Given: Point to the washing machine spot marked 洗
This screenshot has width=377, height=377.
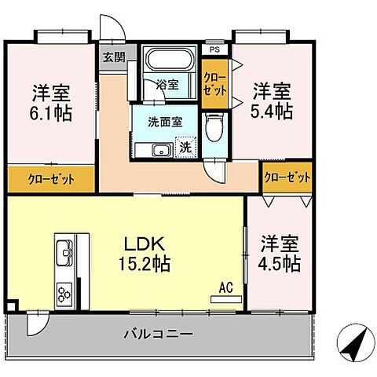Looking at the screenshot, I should [185, 147].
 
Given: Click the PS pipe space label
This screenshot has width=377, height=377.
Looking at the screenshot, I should [213, 49].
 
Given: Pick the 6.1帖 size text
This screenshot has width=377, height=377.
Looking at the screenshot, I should [53, 113].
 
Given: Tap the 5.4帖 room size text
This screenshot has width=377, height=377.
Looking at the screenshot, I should [273, 111].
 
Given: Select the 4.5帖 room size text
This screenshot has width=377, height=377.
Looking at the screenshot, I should [280, 263].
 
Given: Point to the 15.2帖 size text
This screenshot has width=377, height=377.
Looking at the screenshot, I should [146, 263].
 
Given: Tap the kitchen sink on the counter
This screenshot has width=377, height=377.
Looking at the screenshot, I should [64, 253].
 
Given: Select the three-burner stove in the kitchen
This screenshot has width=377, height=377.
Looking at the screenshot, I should [64, 295].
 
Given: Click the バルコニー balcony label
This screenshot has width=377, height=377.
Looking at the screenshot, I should [157, 334].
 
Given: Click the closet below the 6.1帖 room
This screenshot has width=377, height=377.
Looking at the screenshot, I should [52, 179].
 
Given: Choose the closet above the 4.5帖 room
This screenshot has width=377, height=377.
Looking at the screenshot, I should [286, 178].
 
